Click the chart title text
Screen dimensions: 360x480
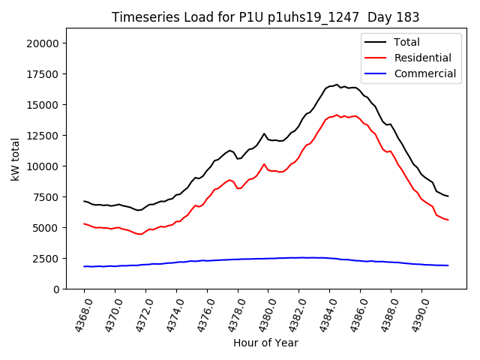point(265,17)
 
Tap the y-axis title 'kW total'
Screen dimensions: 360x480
point(16,158)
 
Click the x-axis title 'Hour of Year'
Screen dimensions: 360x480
point(265,343)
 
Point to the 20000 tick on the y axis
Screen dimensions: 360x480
point(43,43)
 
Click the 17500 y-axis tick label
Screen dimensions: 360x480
point(43,74)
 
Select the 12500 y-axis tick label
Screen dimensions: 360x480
point(43,136)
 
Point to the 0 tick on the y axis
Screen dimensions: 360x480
point(56,289)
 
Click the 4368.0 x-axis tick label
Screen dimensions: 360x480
point(78,313)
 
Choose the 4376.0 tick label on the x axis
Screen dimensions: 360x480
point(201,313)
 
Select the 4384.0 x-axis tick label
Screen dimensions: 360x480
point(323,313)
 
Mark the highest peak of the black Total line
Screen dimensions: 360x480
point(337,85)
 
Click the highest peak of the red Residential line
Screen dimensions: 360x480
point(337,115)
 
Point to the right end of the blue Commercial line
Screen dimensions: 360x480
point(448,265)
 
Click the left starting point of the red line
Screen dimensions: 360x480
point(84,223)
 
